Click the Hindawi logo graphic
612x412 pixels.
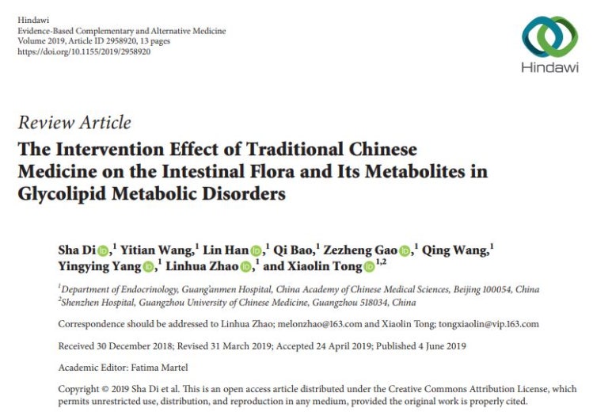point(549,36)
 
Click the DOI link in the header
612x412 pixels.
point(84,51)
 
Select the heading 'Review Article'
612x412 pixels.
point(74,123)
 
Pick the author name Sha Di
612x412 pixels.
point(77,250)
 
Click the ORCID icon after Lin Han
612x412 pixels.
point(255,251)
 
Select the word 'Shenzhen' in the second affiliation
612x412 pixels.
point(80,303)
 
